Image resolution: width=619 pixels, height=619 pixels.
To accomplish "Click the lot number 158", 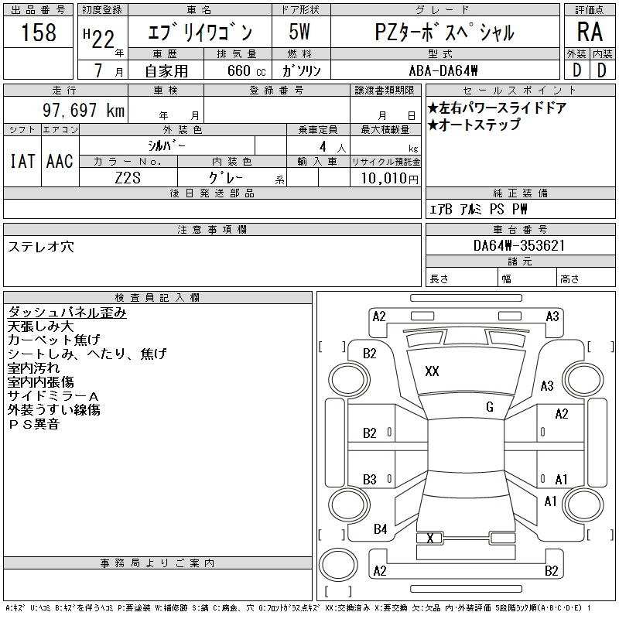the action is click(x=39, y=32).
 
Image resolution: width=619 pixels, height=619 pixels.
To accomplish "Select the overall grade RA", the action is click(x=590, y=32).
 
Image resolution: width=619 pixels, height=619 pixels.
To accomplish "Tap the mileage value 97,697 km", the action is click(x=84, y=110).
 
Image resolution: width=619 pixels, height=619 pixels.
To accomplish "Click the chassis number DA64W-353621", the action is click(x=519, y=245).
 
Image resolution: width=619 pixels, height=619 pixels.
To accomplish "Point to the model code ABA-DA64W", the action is click(x=443, y=70).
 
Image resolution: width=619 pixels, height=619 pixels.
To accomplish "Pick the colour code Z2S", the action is click(x=128, y=178).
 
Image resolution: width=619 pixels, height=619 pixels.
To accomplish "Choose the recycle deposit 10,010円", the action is click(x=389, y=179).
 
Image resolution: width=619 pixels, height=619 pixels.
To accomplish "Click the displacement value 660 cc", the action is click(x=246, y=70).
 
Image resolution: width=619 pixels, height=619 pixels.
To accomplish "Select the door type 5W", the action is click(x=299, y=32).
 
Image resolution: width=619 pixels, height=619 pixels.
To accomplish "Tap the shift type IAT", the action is click(x=22, y=161).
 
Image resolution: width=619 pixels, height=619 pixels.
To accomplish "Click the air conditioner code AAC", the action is click(x=60, y=161).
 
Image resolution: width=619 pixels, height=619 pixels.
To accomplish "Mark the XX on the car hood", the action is click(x=432, y=371).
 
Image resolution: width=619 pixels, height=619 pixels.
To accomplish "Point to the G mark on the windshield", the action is click(x=490, y=407).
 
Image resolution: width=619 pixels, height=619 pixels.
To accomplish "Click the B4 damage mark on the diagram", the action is click(x=380, y=529).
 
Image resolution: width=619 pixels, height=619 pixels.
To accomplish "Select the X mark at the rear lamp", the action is click(x=430, y=538).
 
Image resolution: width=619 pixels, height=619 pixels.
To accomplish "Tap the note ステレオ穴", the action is click(x=41, y=247).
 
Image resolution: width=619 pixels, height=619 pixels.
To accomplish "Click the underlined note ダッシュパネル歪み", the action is click(x=67, y=313).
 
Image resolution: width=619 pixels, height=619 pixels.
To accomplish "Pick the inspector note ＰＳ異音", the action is click(x=33, y=424).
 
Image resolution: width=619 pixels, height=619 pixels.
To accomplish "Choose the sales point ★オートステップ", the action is click(x=474, y=125).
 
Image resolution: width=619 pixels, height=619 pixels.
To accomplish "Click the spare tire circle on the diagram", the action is click(x=338, y=565).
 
